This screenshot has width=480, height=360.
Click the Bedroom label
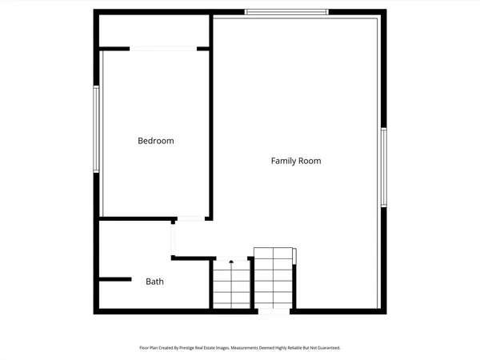[x=155, y=141]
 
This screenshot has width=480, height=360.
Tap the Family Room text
[x=295, y=161]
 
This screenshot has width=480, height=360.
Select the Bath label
[x=155, y=282]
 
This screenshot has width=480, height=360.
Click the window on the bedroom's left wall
[x=96, y=129]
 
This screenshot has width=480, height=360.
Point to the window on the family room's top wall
[x=286, y=11]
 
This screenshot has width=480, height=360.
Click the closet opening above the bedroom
[x=163, y=49]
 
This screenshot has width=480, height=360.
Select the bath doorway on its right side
[x=173, y=239]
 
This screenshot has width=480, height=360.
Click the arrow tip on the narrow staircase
[x=231, y=262]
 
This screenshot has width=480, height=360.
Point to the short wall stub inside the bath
[x=114, y=279]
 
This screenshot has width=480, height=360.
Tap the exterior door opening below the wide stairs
[x=274, y=310]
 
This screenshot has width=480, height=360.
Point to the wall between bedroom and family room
[x=212, y=120]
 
